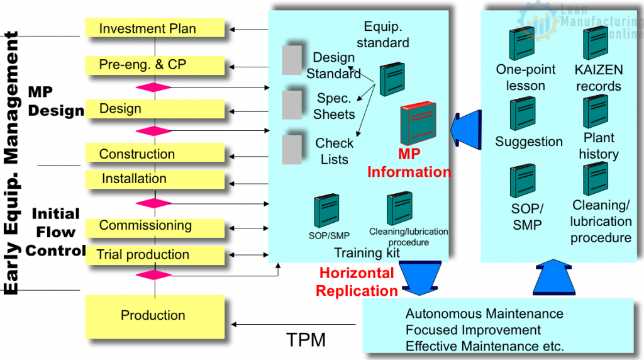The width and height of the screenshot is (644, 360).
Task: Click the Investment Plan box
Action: [x=155, y=28]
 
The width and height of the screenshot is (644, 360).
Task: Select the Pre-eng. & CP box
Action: [x=155, y=64]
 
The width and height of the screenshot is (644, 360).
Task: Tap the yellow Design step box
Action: [x=155, y=109]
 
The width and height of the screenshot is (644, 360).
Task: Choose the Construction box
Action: [x=155, y=154]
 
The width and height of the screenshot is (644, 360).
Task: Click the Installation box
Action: [x=155, y=179]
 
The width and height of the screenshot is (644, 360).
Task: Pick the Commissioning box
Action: [x=155, y=226]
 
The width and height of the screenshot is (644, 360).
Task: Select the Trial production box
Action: [x=155, y=255]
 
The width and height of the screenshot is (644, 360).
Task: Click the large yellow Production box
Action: [x=155, y=315]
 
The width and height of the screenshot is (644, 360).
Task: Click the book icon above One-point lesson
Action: [x=521, y=45]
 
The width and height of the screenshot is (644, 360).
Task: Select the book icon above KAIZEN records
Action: [x=594, y=43]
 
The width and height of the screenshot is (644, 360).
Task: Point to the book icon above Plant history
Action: [x=594, y=111]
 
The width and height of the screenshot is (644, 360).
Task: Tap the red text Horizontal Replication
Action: [x=357, y=282]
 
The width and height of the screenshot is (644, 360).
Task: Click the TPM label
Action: [x=306, y=340]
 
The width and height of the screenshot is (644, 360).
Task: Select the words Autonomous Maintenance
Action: [x=484, y=313]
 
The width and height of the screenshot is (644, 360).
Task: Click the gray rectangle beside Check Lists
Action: [x=292, y=150]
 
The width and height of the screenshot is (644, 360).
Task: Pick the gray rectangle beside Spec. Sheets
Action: [x=292, y=104]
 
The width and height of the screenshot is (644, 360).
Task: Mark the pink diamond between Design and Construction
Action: [x=155, y=131]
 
